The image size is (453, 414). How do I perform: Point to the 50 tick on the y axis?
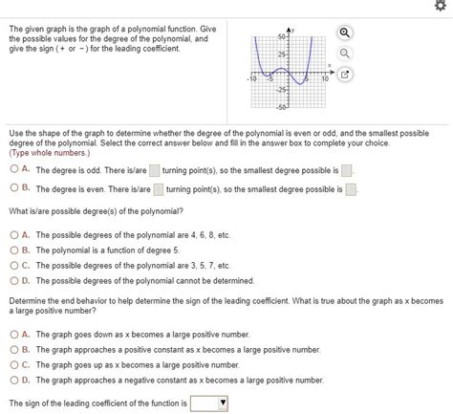coord(283,35)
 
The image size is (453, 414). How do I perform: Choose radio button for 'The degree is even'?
coord(13,189)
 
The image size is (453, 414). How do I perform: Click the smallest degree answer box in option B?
coord(350,189)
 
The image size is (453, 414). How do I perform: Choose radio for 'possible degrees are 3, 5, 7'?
coord(13,265)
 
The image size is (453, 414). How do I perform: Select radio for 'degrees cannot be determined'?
coord(13,280)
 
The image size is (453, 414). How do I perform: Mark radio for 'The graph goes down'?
coord(13,335)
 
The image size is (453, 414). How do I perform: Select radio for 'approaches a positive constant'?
coord(13,350)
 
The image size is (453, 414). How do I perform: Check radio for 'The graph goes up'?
coord(13,365)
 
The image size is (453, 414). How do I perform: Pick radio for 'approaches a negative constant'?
coord(13,381)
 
